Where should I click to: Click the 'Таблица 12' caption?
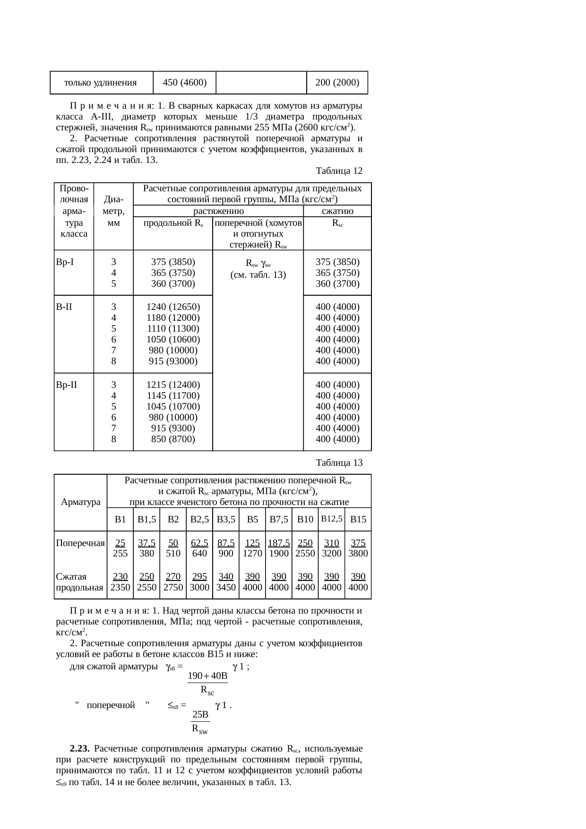pyautogui.click(x=339, y=171)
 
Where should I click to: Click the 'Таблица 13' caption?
pyautogui.click(x=339, y=462)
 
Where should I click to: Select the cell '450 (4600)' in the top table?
pyautogui.click(x=184, y=83)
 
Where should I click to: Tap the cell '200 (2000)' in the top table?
pyautogui.click(x=337, y=83)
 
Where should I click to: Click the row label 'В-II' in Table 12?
pyautogui.click(x=64, y=307)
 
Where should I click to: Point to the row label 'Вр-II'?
pyautogui.click(x=66, y=385)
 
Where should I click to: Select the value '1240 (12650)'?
pyautogui.click(x=173, y=307)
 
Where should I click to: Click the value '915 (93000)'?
pyautogui.click(x=173, y=361)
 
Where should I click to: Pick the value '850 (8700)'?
pyautogui.click(x=173, y=439)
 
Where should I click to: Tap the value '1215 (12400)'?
pyautogui.click(x=173, y=385)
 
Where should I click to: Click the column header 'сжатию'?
pyautogui.click(x=337, y=211)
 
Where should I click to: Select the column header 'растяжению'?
pyautogui.click(x=218, y=211)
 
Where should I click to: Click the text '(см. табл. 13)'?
pyautogui.click(x=258, y=274)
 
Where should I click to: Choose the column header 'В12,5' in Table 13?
pyautogui.click(x=332, y=519)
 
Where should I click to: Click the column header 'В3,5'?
pyautogui.click(x=226, y=520)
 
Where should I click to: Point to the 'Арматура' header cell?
pyautogui.click(x=81, y=502)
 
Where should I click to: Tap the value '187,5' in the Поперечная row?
pyautogui.click(x=279, y=543)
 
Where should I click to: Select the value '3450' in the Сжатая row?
pyautogui.click(x=226, y=588)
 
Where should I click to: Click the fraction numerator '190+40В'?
pyautogui.click(x=208, y=676)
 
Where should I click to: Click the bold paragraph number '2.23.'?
pyautogui.click(x=80, y=749)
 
